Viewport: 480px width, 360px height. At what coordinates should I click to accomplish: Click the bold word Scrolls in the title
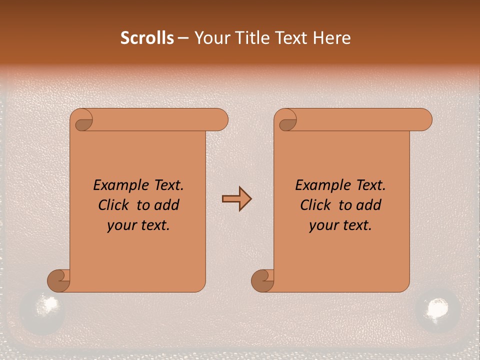[x=147, y=38]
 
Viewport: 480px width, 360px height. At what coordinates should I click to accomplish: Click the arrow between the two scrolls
[x=236, y=199]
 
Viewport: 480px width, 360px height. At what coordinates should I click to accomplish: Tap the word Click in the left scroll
[x=113, y=205]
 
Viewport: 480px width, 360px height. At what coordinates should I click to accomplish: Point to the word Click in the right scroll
[x=315, y=205]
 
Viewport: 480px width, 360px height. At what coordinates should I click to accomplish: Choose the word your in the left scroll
[x=120, y=225]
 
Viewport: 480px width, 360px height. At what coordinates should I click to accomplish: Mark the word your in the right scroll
[x=322, y=225]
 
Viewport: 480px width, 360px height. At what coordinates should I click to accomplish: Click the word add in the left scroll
[x=167, y=205]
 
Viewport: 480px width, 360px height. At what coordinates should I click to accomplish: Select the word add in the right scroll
[x=369, y=205]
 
